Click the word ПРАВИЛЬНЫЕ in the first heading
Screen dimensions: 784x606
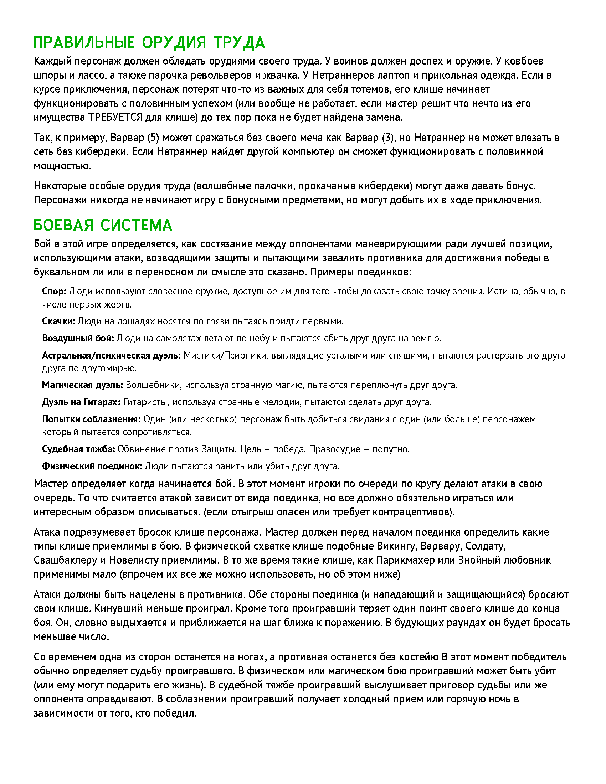click(84, 43)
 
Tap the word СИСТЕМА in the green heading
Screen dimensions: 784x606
click(137, 225)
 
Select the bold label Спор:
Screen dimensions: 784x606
click(54, 291)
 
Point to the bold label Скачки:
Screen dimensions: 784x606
click(58, 321)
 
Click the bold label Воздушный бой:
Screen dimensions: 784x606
click(78, 338)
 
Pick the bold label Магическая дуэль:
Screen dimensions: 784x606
click(82, 385)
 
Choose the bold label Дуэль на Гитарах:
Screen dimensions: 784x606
click(81, 402)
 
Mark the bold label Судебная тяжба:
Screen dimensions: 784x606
click(78, 449)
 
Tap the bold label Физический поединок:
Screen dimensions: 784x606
click(92, 466)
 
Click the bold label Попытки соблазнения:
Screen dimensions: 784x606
click(91, 419)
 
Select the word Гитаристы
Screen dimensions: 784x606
click(146, 402)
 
